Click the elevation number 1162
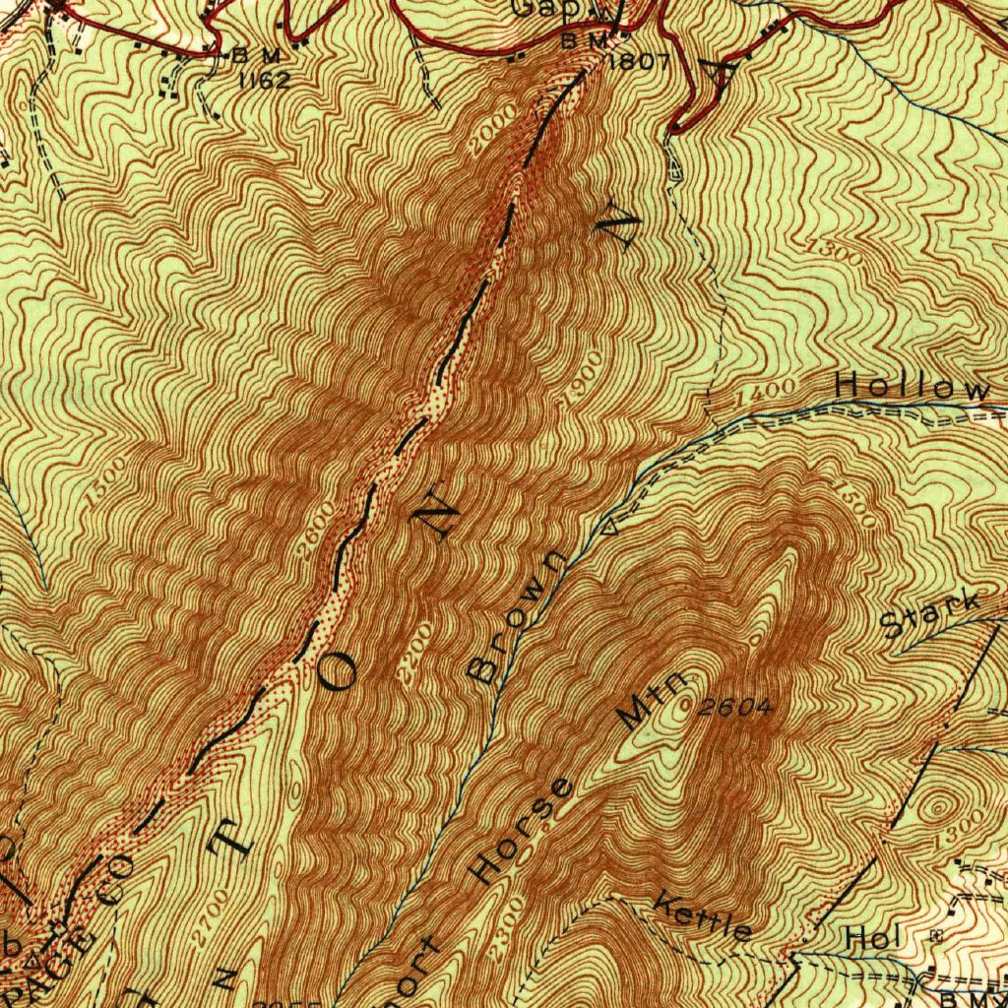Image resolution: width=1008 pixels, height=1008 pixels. pos(265,80)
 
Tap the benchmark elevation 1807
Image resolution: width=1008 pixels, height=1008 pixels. pos(639,62)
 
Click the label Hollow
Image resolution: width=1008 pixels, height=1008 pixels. pos(913,387)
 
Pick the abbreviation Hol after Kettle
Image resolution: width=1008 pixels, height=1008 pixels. pos(872,939)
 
